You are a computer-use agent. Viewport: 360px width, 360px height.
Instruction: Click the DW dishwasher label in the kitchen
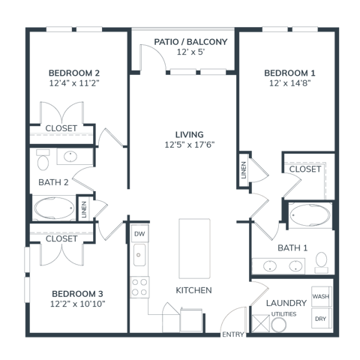pyautogui.click(x=139, y=234)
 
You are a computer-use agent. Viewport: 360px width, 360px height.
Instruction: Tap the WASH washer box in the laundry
pyautogui.click(x=322, y=296)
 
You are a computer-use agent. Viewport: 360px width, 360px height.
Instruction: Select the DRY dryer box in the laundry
pyautogui.click(x=322, y=318)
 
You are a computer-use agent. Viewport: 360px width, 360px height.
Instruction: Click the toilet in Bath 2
pyautogui.click(x=43, y=160)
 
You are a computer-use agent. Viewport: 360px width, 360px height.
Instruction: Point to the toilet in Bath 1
pyautogui.click(x=322, y=262)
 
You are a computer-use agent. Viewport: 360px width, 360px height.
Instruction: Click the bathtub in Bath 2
pyautogui.click(x=54, y=208)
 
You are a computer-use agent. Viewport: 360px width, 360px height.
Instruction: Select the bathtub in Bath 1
pyautogui.click(x=310, y=215)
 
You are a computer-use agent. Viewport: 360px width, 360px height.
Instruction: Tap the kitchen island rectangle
pyautogui.click(x=194, y=249)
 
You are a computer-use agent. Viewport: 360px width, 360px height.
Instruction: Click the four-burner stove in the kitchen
pyautogui.click(x=139, y=287)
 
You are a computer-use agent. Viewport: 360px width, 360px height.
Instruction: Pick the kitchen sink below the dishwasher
pyautogui.click(x=139, y=255)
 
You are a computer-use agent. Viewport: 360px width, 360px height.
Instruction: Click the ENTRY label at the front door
pyautogui.click(x=233, y=334)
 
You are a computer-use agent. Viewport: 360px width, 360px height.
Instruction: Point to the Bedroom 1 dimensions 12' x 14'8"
pyautogui.click(x=289, y=83)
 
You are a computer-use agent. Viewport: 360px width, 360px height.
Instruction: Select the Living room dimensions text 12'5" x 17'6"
pyautogui.click(x=190, y=145)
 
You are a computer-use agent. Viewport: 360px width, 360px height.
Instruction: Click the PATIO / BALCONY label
pyautogui.click(x=190, y=42)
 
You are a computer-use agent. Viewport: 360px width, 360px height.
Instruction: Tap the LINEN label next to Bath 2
pyautogui.click(x=84, y=209)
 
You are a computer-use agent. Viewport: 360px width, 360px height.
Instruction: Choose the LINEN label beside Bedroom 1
pyautogui.click(x=244, y=170)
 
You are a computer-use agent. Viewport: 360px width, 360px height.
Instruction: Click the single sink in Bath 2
pyautogui.click(x=70, y=157)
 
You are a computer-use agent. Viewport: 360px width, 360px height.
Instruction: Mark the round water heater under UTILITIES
pyautogui.click(x=278, y=325)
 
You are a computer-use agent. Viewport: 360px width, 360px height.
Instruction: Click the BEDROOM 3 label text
pyautogui.click(x=77, y=294)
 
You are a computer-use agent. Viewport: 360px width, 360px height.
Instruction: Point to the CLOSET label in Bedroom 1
pyautogui.click(x=305, y=169)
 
